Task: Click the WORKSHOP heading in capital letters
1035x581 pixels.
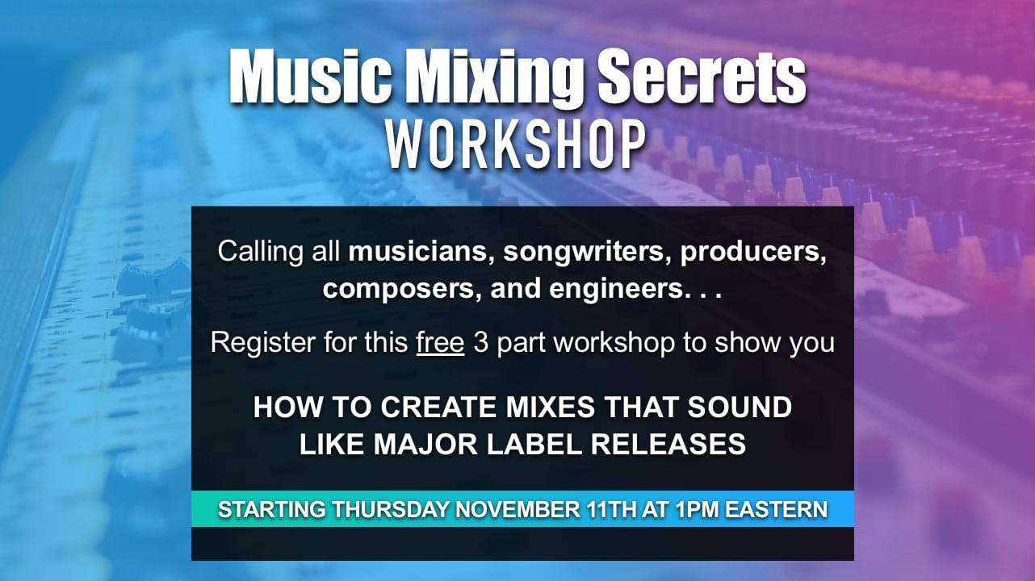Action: point(517,145)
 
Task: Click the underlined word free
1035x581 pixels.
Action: point(440,342)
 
